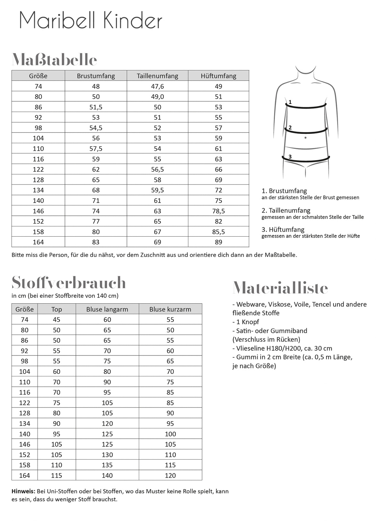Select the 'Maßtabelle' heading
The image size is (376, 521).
pyautogui.click(x=54, y=59)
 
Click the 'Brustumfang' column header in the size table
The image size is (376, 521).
pyautogui.click(x=96, y=76)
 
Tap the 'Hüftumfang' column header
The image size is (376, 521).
pyautogui.click(x=219, y=76)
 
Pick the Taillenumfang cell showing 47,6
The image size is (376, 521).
pyautogui.click(x=157, y=86)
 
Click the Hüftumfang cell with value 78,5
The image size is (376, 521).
pyautogui.click(x=219, y=211)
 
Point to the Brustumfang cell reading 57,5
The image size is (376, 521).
pyautogui.click(x=96, y=149)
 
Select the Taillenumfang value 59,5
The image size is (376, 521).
pyautogui.click(x=157, y=190)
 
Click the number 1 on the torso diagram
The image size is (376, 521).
pyautogui.click(x=290, y=102)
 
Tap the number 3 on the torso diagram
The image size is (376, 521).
pyautogui.click(x=290, y=157)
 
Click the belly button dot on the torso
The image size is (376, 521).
pyautogui.click(x=305, y=138)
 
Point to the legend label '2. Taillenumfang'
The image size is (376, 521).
pyautogui.click(x=286, y=210)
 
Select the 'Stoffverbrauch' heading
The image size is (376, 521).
pyautogui.click(x=68, y=283)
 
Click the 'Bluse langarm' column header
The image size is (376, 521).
pyautogui.click(x=107, y=309)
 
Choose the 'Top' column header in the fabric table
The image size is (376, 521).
pyautogui.click(x=57, y=309)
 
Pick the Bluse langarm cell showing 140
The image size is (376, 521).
pyautogui.click(x=107, y=475)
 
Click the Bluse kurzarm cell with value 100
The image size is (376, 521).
pyautogui.click(x=170, y=434)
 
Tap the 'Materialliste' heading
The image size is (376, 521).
pyautogui.click(x=280, y=288)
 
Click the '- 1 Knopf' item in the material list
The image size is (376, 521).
pyautogui.click(x=246, y=322)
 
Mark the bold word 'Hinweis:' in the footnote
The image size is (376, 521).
pyautogui.click(x=23, y=491)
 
